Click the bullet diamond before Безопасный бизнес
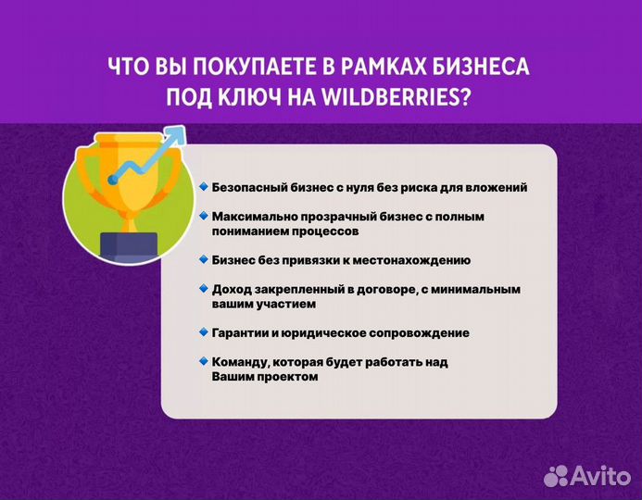coord(203,186)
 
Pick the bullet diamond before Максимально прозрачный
coord(203,215)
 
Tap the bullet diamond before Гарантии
coord(203,331)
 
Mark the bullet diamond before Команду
coord(203,361)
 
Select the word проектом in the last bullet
coord(288,377)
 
